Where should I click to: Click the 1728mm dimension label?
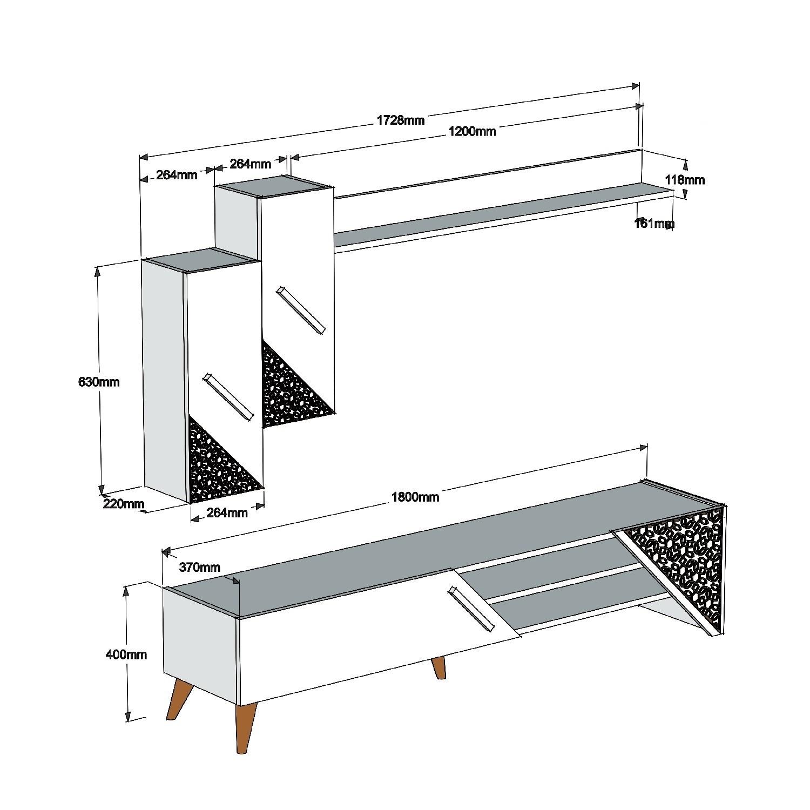pos(400,120)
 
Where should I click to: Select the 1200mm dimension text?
pos(471,131)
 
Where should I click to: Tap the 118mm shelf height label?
pos(685,179)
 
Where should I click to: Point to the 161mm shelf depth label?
pos(653,223)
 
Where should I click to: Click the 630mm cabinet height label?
pos(99,382)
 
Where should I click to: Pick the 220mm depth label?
pos(124,504)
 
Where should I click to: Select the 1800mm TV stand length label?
pos(415,497)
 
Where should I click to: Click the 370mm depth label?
pos(199,567)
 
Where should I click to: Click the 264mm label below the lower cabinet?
pos(227,512)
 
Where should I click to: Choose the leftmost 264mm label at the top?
pos(177,175)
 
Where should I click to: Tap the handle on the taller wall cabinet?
pos(301,312)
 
